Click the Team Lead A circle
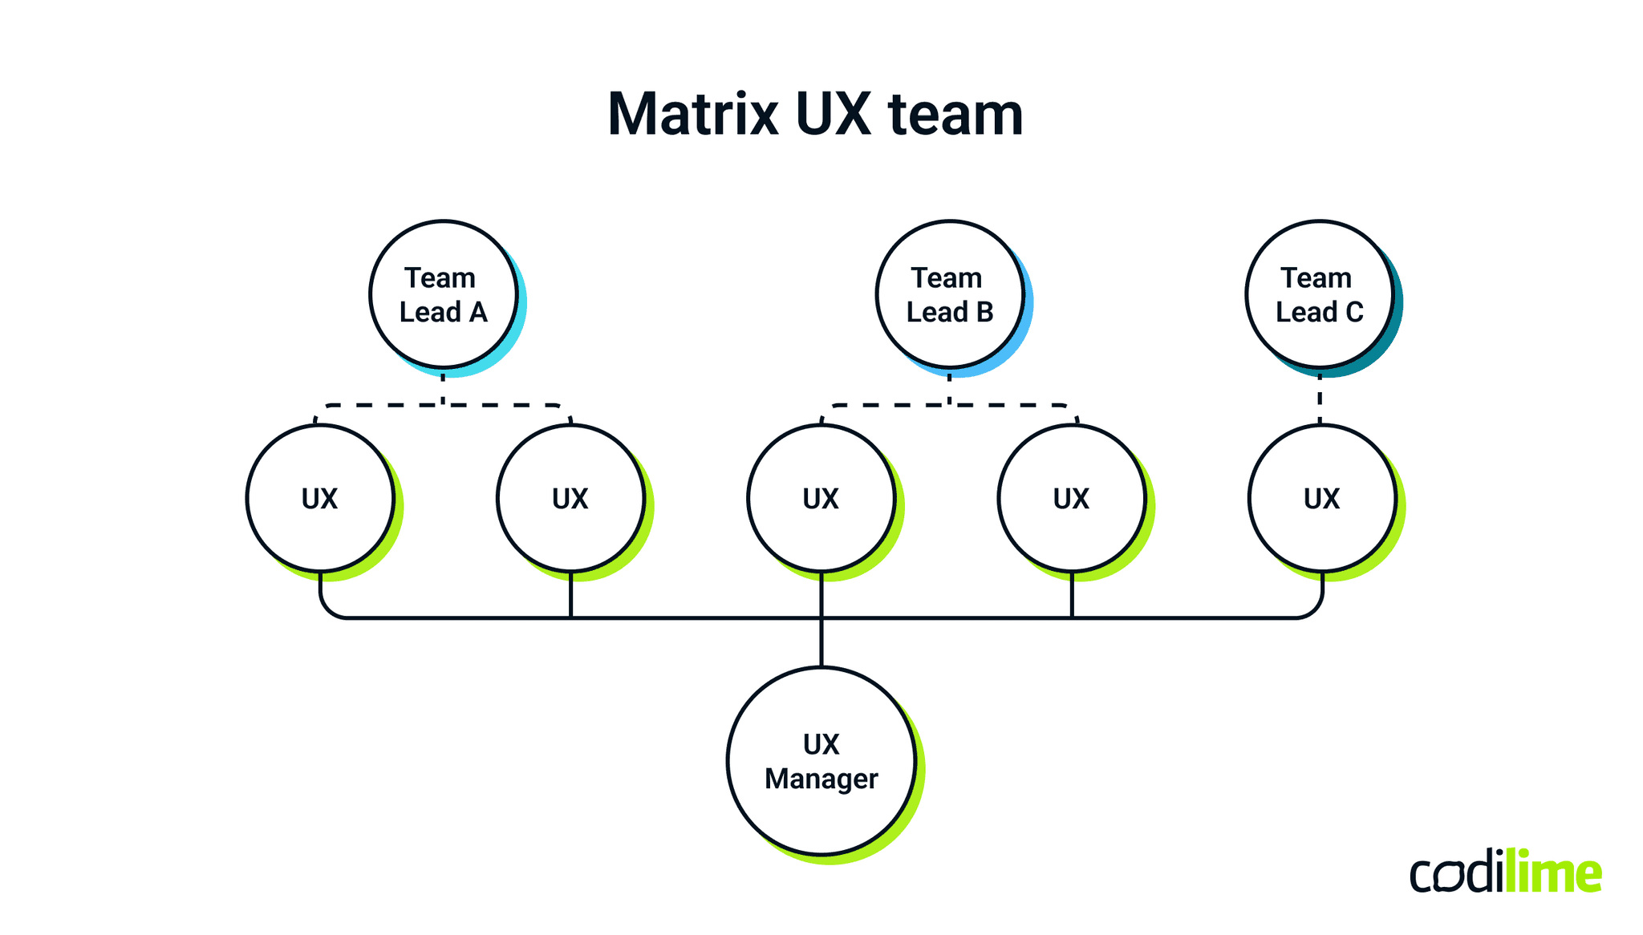coord(443,294)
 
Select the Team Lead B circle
coord(949,294)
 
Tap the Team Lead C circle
coord(1319,294)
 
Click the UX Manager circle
coord(821,761)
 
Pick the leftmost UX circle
coord(320,498)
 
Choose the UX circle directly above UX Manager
coord(821,498)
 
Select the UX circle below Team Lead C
coord(1321,498)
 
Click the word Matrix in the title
coord(692,114)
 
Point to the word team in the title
coord(955,114)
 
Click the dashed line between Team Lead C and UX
coord(1320,399)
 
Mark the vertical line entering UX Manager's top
coord(821,642)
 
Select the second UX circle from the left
coord(570,498)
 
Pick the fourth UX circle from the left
coord(1071,498)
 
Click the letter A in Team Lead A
coord(478,312)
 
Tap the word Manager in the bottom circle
coord(821,779)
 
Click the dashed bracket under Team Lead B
coord(1011,406)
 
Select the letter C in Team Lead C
coord(1354,312)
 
